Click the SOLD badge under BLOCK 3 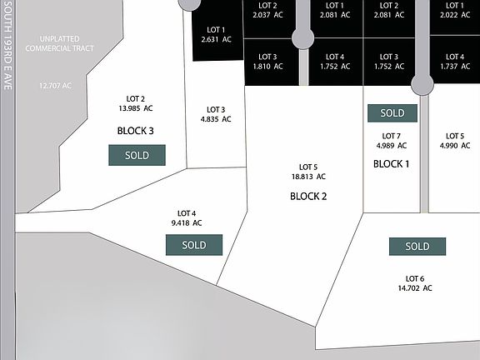click(137, 155)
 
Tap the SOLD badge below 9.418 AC click(194, 245)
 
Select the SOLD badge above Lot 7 click(392, 113)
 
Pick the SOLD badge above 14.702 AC click(417, 247)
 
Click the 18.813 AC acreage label click(308, 177)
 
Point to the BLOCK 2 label click(308, 196)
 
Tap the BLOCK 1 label click(391, 164)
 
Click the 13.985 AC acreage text click(136, 108)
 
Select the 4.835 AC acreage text click(216, 119)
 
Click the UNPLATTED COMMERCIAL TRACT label click(59, 44)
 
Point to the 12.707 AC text click(55, 86)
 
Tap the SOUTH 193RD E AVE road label click(8, 45)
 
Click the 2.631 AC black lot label click(216, 39)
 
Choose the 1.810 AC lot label click(267, 66)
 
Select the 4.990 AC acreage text click(455, 145)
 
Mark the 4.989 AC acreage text click(392, 145)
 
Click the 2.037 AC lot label click(267, 15)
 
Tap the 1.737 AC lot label click(455, 66)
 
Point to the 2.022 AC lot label click(455, 15)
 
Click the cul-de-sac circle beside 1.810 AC click(303, 38)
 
